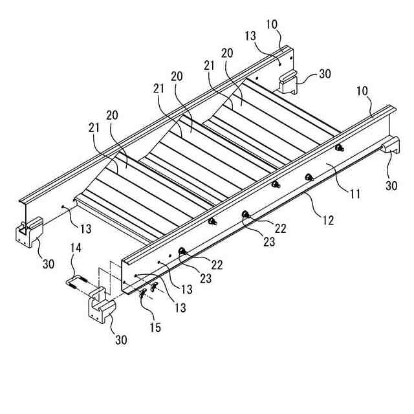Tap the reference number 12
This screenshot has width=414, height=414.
[x=328, y=221]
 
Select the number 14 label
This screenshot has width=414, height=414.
[x=76, y=265]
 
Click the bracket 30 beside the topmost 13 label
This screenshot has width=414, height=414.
[x=292, y=82]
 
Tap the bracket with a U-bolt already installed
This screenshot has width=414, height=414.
[x=27, y=232]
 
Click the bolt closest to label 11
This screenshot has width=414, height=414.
[x=338, y=148]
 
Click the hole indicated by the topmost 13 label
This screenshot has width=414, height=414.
[x=279, y=63]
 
